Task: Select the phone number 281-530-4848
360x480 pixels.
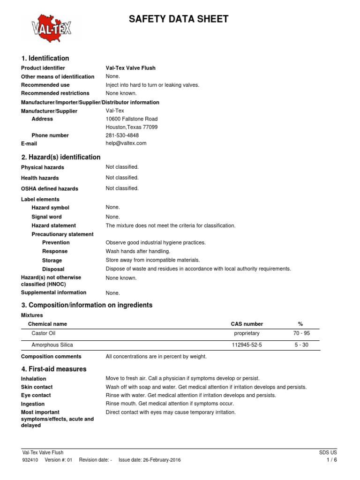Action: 122,135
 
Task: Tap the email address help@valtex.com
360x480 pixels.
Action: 126,143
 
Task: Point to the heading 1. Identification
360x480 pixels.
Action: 45,58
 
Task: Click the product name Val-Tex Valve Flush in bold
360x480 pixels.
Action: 131,68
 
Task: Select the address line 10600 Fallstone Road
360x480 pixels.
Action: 132,119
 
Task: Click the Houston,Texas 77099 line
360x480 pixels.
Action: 132,127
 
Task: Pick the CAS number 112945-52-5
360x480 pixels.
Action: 247,345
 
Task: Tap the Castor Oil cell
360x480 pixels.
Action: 43,333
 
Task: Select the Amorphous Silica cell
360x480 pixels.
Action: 52,345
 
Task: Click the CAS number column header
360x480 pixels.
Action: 247,324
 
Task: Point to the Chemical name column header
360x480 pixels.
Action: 47,324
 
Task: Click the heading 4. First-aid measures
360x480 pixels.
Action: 54,369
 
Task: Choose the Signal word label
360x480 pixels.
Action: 46,217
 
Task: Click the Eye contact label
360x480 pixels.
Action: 36,396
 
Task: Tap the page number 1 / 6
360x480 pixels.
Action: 331,460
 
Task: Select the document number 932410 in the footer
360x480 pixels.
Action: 30,460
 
